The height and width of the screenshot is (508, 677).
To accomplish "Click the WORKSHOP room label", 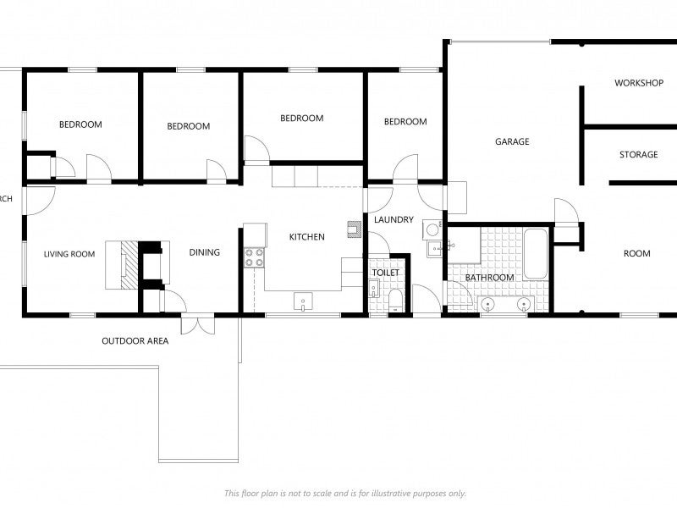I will click(x=638, y=83).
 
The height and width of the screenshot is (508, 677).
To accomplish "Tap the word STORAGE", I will click(x=638, y=155).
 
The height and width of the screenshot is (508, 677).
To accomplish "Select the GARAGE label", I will click(x=512, y=142).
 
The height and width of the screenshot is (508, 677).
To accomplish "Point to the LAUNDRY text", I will click(x=394, y=220).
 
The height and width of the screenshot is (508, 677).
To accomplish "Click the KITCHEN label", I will click(x=306, y=237).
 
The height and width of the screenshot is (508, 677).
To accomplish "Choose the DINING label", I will click(x=204, y=252).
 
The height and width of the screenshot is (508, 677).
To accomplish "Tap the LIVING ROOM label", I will click(x=69, y=253).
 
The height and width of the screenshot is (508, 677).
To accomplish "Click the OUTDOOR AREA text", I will click(x=135, y=342).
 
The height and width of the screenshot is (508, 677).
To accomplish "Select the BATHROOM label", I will click(x=489, y=278).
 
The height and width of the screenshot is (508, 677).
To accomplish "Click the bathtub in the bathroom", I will click(x=535, y=253).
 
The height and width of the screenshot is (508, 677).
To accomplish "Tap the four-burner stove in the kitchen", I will click(x=254, y=257).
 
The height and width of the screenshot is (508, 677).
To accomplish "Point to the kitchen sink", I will click(x=303, y=301).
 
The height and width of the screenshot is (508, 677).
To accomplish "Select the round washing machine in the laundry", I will click(x=432, y=229).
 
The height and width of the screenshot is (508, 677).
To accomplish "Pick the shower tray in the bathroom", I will click(x=465, y=246).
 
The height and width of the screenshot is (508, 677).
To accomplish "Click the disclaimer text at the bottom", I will click(x=344, y=493).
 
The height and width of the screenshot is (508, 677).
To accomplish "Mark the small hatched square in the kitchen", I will click(x=353, y=227).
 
